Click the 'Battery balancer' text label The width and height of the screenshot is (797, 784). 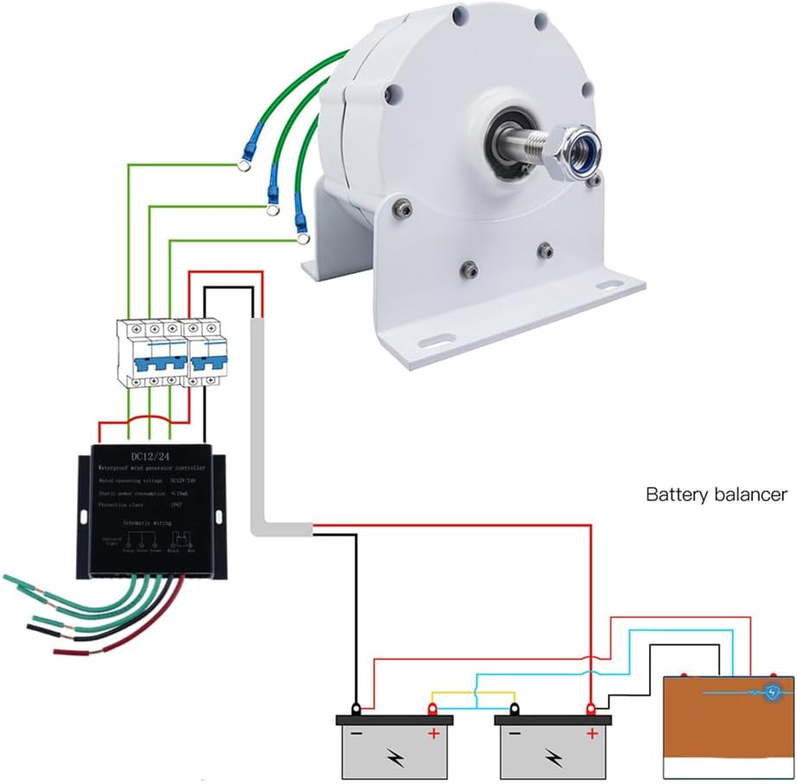717,495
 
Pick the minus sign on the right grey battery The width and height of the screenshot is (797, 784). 513,735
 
